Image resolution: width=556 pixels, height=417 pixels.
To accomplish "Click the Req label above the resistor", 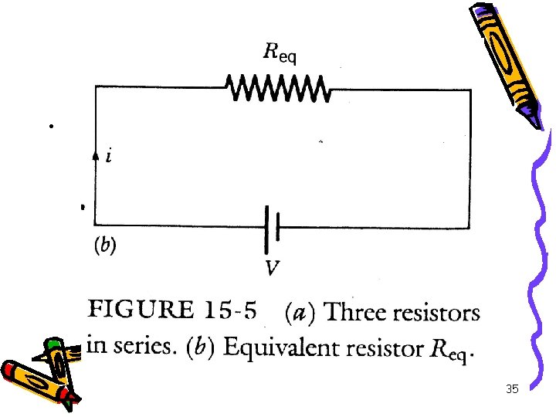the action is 280,53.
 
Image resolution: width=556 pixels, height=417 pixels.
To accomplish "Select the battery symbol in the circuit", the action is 270,229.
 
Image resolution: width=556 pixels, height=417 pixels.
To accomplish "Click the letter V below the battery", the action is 272,269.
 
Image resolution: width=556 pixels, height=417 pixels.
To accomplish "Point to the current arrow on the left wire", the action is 96,155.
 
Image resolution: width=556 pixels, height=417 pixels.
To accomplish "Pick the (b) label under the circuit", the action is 105,246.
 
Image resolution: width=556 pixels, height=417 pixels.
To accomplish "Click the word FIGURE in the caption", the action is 141,311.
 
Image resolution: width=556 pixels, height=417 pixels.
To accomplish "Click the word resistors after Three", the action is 437,313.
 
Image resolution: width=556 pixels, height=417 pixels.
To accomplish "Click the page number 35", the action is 511,390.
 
